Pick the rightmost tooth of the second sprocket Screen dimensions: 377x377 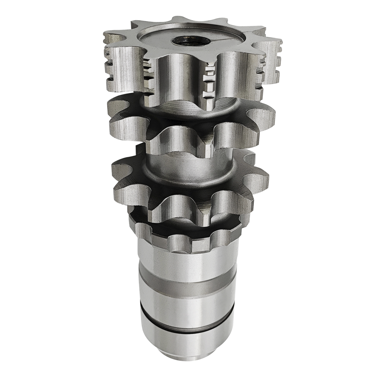(265, 120)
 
